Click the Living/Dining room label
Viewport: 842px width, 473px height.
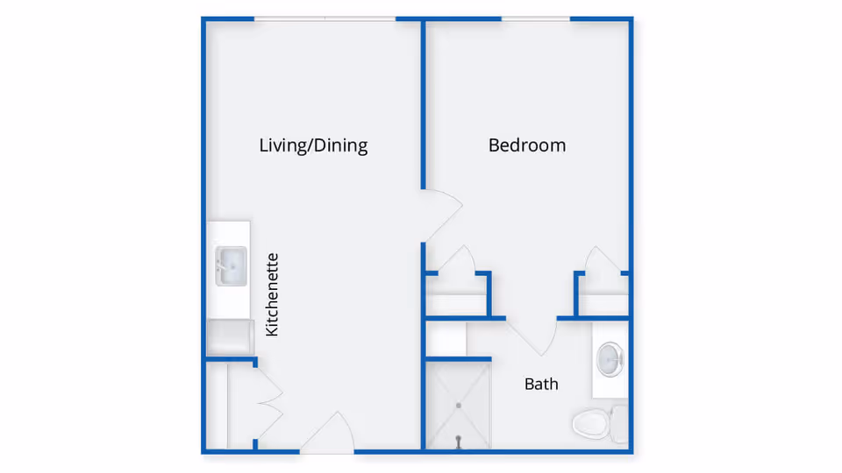tap(313, 145)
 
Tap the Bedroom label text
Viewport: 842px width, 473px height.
tap(526, 145)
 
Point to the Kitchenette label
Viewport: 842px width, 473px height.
tap(272, 294)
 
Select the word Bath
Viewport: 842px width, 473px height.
tap(541, 384)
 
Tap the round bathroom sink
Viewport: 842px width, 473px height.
tap(610, 357)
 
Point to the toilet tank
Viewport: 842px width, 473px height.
tap(619, 424)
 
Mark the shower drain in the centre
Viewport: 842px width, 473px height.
tap(458, 406)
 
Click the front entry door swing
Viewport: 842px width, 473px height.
tap(326, 434)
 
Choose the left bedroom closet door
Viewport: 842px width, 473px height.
tap(456, 260)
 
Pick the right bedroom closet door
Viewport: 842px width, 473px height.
tap(603, 260)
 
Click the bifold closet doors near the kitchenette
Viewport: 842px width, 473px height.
tap(268, 403)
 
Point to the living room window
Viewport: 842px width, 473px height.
tap(325, 18)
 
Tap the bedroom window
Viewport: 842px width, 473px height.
tap(535, 18)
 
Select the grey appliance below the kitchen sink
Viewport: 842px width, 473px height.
tap(230, 337)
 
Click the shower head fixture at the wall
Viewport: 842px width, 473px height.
tap(458, 444)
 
